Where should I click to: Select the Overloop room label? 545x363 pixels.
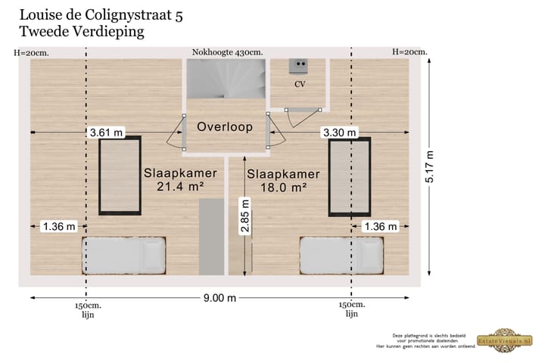(225, 127)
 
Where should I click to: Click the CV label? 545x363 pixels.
(300, 84)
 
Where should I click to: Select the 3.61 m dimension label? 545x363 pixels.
(106, 133)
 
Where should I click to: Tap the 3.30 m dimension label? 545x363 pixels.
(339, 133)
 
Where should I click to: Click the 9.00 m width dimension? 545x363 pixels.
(220, 298)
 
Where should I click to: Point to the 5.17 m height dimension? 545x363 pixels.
(429, 169)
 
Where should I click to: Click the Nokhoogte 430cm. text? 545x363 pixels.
(227, 52)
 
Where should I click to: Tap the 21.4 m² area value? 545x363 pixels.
(181, 186)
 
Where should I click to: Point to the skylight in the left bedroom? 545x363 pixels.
(121, 176)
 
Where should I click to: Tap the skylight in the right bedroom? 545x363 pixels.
(349, 177)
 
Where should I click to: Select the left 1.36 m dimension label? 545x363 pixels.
(59, 226)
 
